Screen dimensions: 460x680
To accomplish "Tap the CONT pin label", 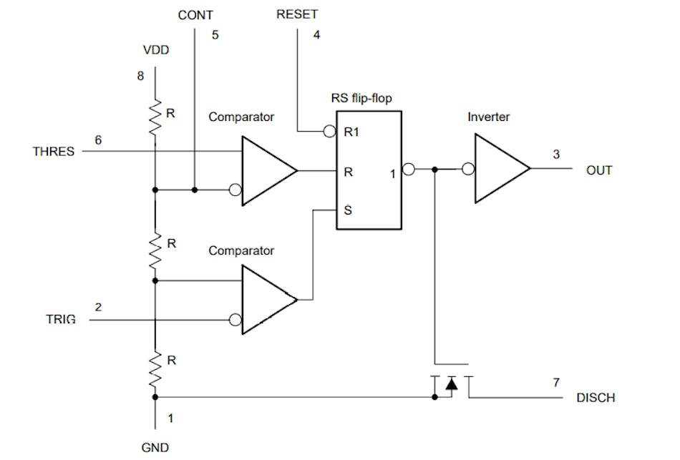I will click(x=195, y=14).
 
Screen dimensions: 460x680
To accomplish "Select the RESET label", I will click(x=297, y=14).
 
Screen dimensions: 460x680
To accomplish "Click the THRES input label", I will click(x=53, y=152).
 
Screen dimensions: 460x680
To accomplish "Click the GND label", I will click(x=155, y=448).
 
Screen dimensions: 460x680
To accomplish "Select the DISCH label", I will click(x=596, y=398).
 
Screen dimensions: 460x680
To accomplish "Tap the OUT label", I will click(x=599, y=170).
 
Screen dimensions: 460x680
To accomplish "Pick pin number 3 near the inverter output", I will click(x=556, y=154).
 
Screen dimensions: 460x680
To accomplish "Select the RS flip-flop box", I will click(x=369, y=170).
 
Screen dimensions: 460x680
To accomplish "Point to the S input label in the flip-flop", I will click(x=348, y=211).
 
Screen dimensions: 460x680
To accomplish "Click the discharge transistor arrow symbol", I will click(x=451, y=384).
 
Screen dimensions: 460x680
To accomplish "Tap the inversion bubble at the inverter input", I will click(x=468, y=170).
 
